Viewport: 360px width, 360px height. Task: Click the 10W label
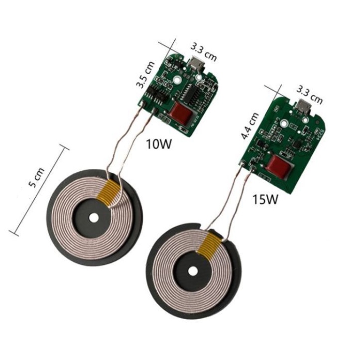tap(159, 144)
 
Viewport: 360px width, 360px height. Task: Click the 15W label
tap(265, 199)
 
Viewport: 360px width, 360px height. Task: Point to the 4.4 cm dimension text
tap(250, 126)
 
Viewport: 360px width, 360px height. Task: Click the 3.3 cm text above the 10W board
tap(204, 53)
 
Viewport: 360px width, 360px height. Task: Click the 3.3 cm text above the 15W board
tap(309, 95)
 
